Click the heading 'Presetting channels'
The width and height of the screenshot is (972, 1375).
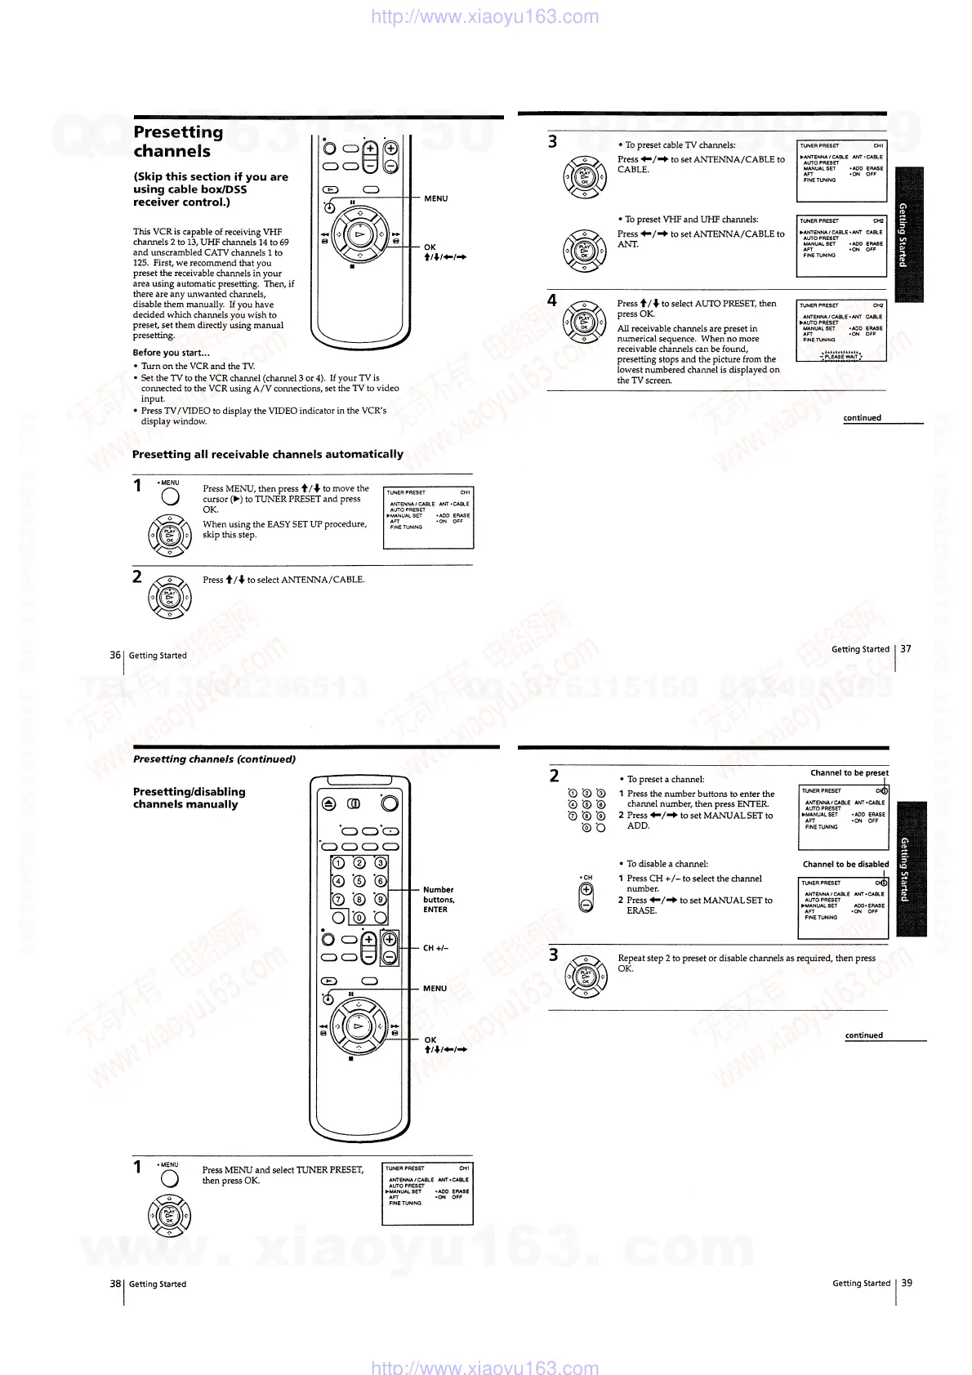click(178, 141)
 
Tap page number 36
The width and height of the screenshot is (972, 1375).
click(115, 655)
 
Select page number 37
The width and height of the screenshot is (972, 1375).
click(905, 649)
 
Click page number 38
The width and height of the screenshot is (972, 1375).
click(115, 1284)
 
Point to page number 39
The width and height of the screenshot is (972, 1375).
click(907, 1283)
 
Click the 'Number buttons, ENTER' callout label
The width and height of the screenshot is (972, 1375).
click(439, 899)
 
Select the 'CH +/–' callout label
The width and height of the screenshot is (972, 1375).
click(435, 948)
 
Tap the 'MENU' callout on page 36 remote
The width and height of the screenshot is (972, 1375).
click(435, 198)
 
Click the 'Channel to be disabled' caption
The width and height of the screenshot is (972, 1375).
click(845, 864)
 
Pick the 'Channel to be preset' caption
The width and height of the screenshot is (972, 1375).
click(849, 772)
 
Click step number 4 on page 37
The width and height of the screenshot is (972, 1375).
click(552, 300)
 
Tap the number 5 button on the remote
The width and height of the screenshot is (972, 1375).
click(359, 880)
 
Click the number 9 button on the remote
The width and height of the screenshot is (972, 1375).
click(380, 899)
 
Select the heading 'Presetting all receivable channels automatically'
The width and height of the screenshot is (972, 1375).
click(268, 454)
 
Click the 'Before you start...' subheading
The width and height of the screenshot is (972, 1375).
click(171, 353)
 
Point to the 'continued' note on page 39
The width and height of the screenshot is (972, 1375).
click(863, 1035)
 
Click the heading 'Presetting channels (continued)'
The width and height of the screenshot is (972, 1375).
click(214, 759)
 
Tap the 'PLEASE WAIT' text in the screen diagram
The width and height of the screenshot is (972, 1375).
click(840, 356)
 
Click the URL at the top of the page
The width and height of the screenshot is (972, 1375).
click(484, 16)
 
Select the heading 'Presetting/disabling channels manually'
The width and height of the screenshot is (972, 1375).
click(189, 798)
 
